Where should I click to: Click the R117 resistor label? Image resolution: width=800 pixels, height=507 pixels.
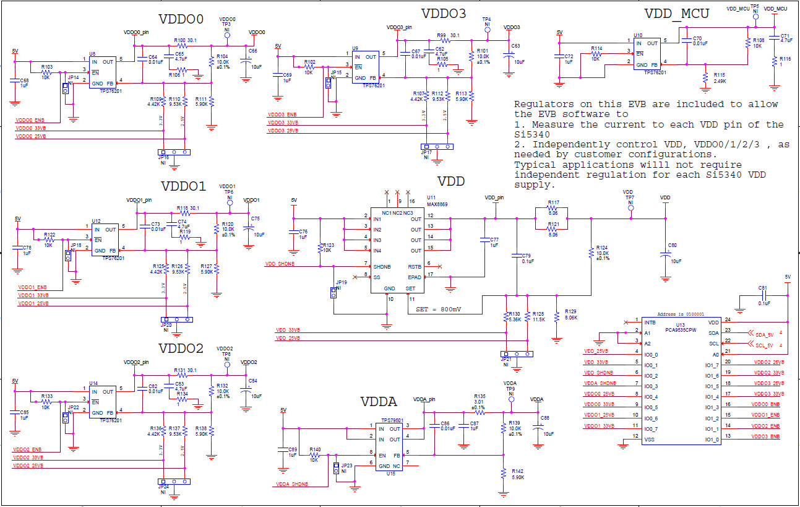click(553, 202)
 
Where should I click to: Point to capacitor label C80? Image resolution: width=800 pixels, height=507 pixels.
click(673, 245)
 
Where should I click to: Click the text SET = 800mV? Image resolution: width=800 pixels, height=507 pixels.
click(439, 309)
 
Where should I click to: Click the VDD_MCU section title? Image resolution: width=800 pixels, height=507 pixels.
click(676, 14)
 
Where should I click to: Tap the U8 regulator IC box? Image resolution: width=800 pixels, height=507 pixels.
click(103, 72)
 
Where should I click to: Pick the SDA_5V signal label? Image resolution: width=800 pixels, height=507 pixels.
click(764, 334)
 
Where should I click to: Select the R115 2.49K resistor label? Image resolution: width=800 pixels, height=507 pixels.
click(719, 77)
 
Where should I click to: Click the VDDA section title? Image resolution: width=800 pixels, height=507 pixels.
click(378, 402)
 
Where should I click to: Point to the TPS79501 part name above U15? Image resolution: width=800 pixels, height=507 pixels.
click(392, 420)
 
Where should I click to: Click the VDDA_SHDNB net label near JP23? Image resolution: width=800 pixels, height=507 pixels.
click(292, 484)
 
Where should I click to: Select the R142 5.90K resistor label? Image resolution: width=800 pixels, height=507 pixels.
click(518, 474)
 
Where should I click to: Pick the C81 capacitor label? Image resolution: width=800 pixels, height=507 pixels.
click(762, 288)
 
